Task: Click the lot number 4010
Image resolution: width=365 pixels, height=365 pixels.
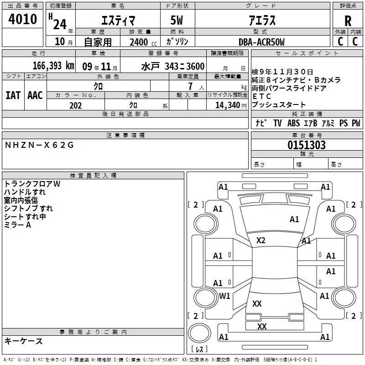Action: [x=22, y=19]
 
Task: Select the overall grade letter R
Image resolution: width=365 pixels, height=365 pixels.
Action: [x=348, y=21]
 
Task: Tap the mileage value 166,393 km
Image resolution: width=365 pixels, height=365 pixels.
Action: [x=53, y=66]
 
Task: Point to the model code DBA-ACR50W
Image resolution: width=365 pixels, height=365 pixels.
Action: [x=261, y=42]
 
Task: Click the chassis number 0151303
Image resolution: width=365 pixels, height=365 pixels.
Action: [x=306, y=145]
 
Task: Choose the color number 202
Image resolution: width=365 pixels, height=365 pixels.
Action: [x=75, y=105]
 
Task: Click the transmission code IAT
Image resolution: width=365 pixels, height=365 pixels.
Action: [x=13, y=95]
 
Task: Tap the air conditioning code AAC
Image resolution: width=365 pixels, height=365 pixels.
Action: [x=35, y=95]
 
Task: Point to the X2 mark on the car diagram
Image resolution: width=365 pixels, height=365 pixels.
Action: [x=261, y=240]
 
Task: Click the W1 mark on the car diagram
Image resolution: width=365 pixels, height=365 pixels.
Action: [x=224, y=296]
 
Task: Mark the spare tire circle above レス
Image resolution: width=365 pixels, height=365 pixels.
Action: [x=199, y=333]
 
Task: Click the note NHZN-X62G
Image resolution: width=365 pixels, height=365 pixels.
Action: [x=39, y=145]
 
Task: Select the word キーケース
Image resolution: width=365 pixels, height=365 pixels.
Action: [x=23, y=341]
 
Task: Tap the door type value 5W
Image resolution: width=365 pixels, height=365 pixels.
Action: [x=177, y=20]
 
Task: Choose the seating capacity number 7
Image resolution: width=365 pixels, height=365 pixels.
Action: [x=190, y=86]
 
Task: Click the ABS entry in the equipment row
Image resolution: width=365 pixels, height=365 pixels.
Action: [x=293, y=123]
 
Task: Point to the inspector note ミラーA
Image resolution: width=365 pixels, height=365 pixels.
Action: [x=17, y=225]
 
